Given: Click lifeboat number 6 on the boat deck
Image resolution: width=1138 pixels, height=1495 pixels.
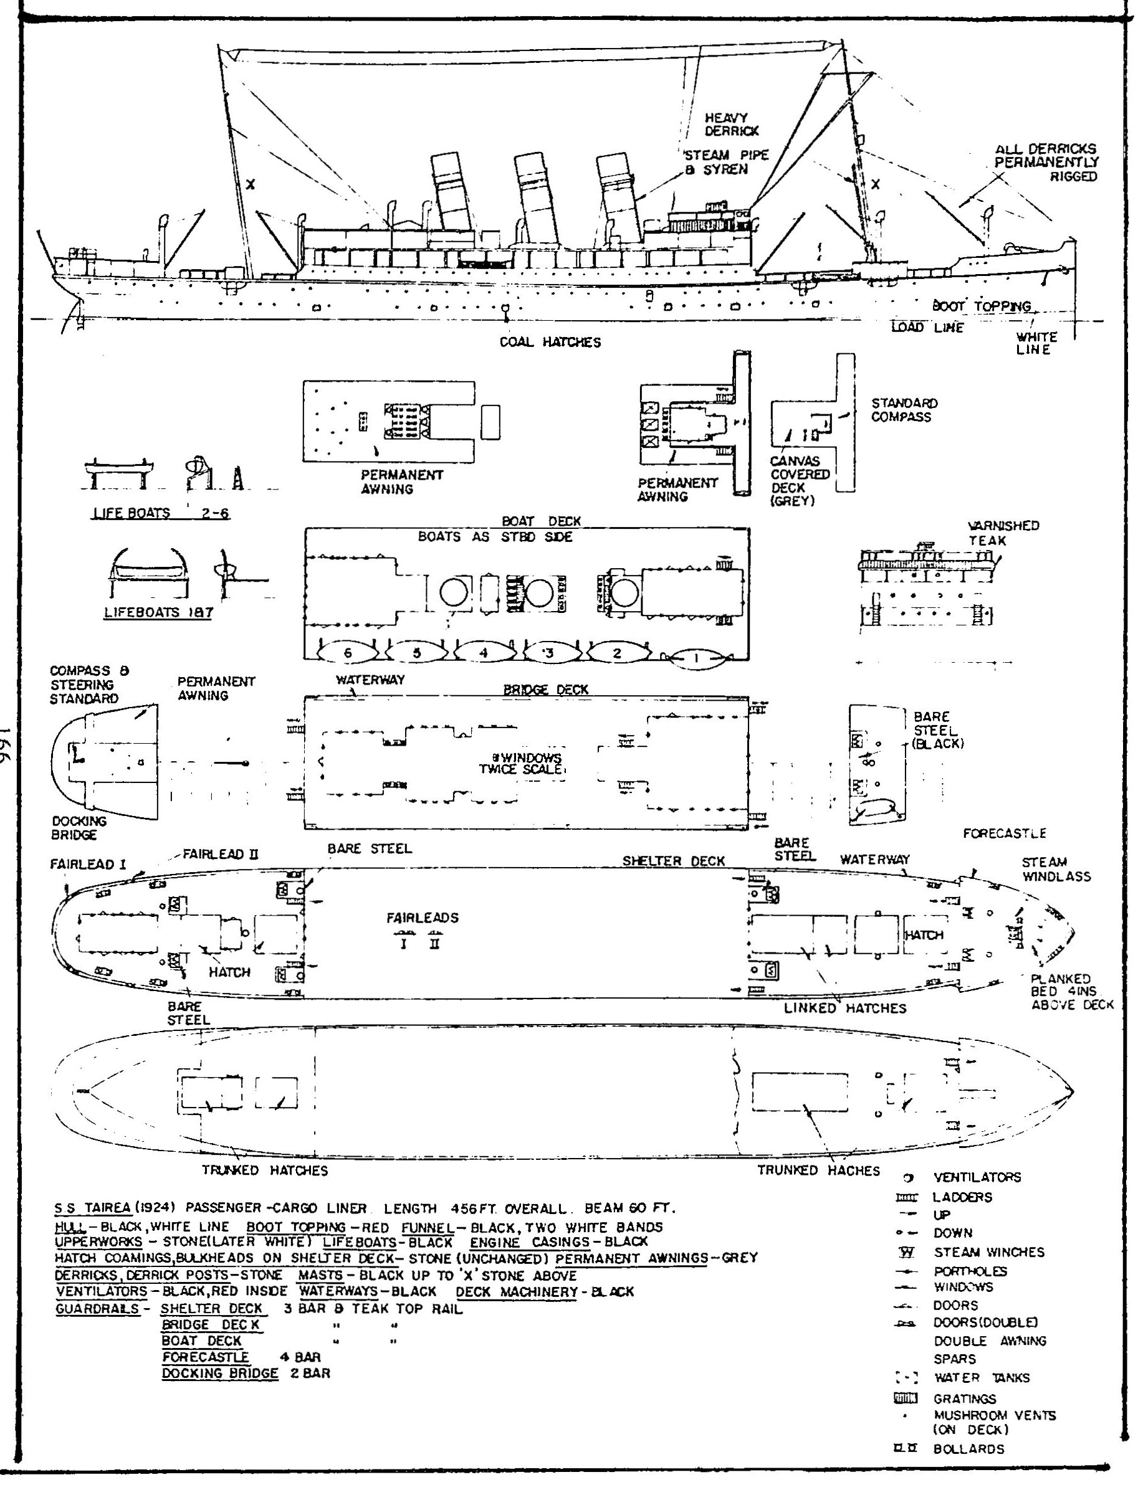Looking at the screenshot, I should (x=348, y=653).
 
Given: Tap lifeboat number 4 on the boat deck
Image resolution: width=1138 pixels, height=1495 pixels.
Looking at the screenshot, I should (x=484, y=653).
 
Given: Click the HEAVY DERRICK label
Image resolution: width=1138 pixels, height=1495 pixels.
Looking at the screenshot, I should (x=732, y=125).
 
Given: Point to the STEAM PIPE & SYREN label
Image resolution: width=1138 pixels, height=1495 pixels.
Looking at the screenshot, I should (x=726, y=162).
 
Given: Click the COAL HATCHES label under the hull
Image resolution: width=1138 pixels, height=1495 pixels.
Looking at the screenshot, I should (x=550, y=342).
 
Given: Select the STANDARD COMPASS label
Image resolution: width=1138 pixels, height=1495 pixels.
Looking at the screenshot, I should (x=904, y=410).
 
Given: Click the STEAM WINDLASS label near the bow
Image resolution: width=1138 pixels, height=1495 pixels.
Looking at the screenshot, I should (x=1056, y=870).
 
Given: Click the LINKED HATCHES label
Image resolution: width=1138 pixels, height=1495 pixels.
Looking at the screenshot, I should (x=844, y=1008).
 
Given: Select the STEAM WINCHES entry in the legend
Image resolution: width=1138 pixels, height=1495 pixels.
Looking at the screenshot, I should (x=989, y=1252).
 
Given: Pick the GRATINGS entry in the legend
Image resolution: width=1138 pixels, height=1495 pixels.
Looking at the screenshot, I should (x=965, y=1398).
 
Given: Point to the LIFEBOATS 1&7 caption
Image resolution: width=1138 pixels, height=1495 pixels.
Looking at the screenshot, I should (x=158, y=613).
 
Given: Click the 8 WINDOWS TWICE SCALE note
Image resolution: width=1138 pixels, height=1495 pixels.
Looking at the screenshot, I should (x=520, y=763).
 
